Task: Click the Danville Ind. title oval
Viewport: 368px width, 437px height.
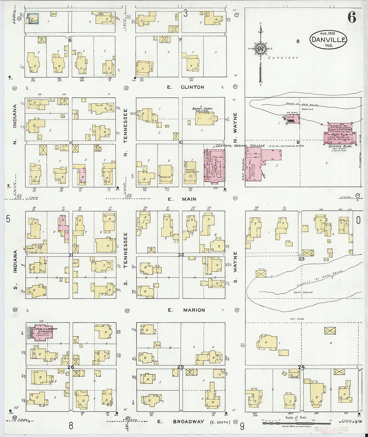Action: point(328,40)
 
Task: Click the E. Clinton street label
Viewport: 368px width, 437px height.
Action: point(186,87)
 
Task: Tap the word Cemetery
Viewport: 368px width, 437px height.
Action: point(283,58)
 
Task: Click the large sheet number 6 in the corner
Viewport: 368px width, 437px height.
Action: point(352,17)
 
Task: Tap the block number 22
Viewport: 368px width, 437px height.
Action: point(181,255)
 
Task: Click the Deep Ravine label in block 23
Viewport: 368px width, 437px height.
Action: point(303,292)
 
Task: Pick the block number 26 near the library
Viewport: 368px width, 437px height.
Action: point(71,367)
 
